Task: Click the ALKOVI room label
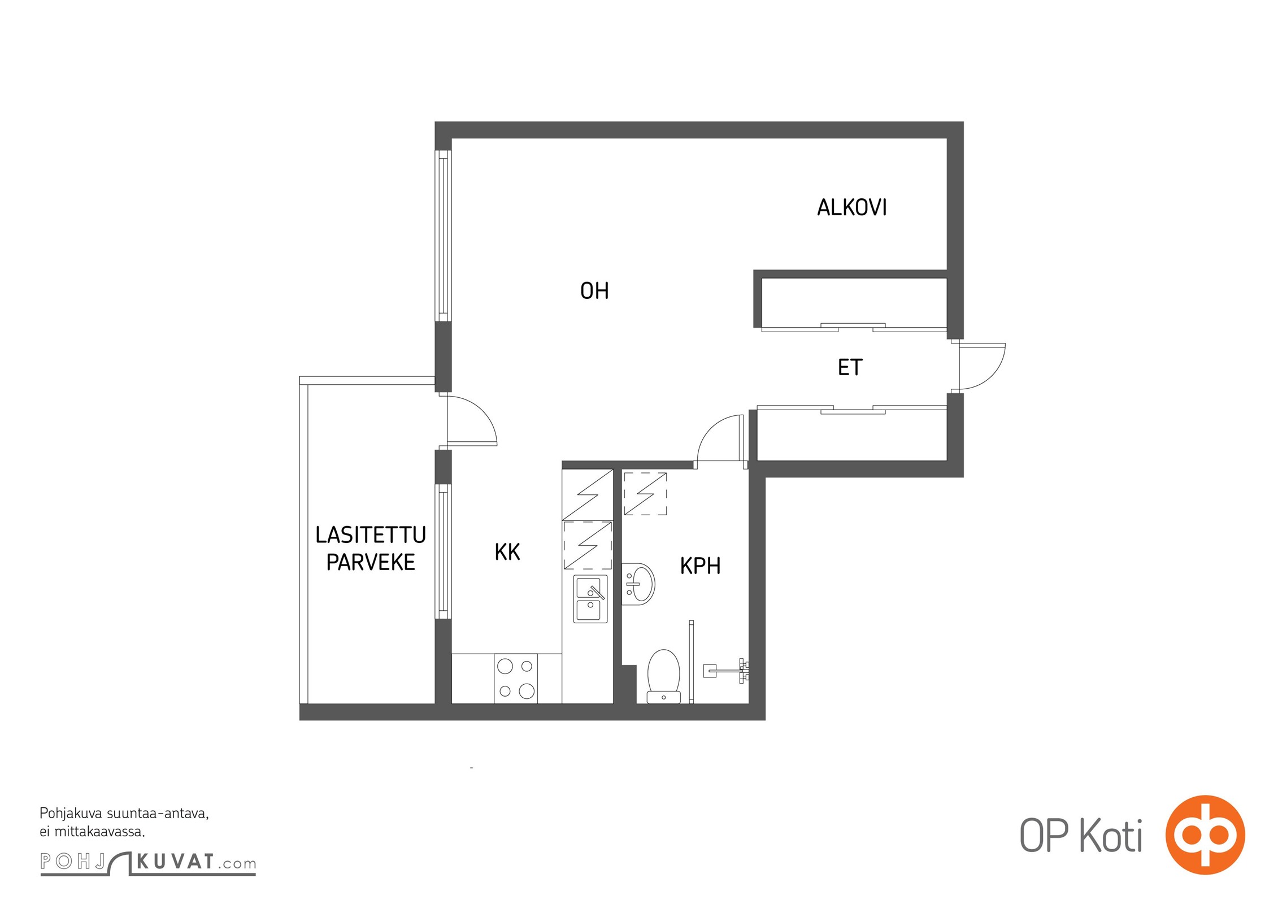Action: tap(851, 207)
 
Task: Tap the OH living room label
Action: tap(594, 290)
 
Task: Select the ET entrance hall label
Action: tap(850, 367)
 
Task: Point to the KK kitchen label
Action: tap(507, 552)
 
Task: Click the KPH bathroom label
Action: tap(700, 566)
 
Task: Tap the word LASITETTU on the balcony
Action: tap(371, 534)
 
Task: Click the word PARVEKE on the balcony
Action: tap(371, 562)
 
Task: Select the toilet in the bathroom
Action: tap(663, 676)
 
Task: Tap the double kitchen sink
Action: tap(590, 599)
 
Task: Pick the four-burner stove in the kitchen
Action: tap(516, 679)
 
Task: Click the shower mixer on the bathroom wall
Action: tap(726, 671)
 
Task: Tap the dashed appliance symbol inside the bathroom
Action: tap(645, 494)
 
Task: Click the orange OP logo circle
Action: tap(1205, 835)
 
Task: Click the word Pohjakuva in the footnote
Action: tap(71, 814)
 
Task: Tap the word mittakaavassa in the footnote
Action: tap(99, 831)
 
